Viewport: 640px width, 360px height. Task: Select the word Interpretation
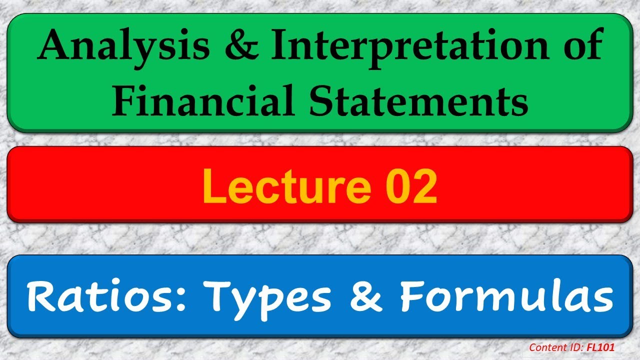click(421, 47)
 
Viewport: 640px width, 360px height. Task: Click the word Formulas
click(505, 297)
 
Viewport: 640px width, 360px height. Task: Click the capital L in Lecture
click(212, 187)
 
